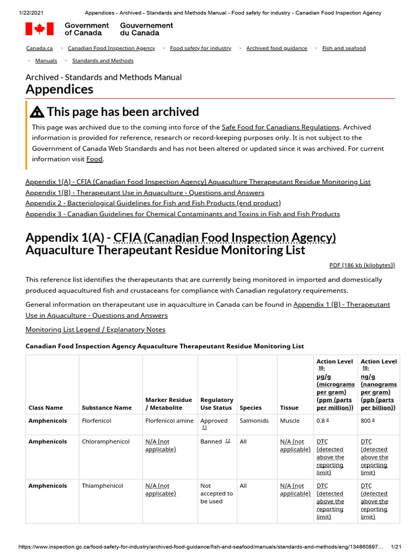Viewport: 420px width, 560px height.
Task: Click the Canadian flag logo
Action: [x=39, y=29]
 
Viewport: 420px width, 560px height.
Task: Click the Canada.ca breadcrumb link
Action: [x=39, y=48]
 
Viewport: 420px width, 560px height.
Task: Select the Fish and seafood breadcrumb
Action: [x=343, y=48]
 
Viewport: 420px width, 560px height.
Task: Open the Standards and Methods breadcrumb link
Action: [x=103, y=61]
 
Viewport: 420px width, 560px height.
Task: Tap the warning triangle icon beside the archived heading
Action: [x=37, y=112]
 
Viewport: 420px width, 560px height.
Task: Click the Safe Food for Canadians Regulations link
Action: [x=281, y=127]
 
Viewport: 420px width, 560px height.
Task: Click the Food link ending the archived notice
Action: [x=94, y=159]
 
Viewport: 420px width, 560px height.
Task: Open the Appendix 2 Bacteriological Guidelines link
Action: [x=153, y=203]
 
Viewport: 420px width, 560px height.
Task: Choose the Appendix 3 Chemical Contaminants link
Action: [x=183, y=214]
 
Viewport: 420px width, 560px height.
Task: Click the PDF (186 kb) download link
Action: [x=362, y=265]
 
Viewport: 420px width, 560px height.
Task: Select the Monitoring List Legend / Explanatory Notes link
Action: [x=95, y=329]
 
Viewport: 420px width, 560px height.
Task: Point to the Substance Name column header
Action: [x=107, y=407]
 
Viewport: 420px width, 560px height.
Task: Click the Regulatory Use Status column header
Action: [x=217, y=404]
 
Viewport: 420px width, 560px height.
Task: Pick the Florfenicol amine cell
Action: [x=169, y=421]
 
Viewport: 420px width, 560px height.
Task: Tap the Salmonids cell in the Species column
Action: [x=254, y=421]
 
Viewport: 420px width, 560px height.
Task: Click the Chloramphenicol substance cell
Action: [x=106, y=441]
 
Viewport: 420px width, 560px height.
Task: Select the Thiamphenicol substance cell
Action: [x=102, y=486]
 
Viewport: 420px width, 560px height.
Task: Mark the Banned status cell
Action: [x=211, y=441]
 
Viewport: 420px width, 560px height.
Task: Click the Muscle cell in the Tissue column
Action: [x=290, y=421]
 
